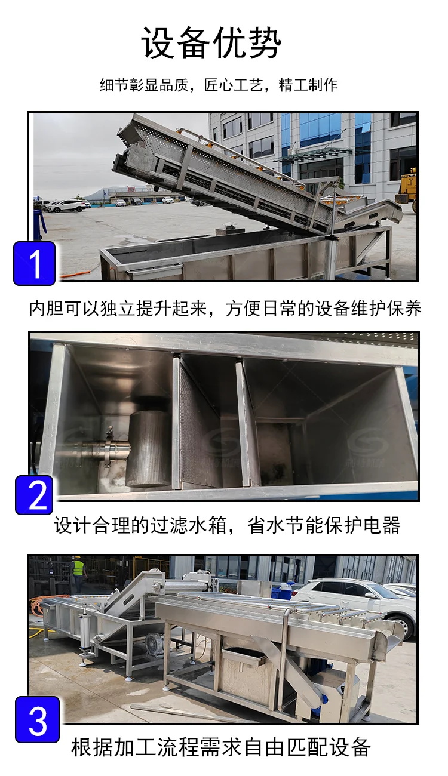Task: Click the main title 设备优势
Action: point(211,42)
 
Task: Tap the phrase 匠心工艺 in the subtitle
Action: point(233,85)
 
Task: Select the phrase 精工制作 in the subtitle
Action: point(308,85)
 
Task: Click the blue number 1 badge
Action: point(34,263)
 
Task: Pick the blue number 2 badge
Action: point(34,495)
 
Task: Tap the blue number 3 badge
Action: point(37,719)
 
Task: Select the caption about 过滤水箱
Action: point(227,525)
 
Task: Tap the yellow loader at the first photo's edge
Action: point(408,189)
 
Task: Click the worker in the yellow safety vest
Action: point(79,573)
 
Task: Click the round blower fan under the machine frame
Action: point(154,643)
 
